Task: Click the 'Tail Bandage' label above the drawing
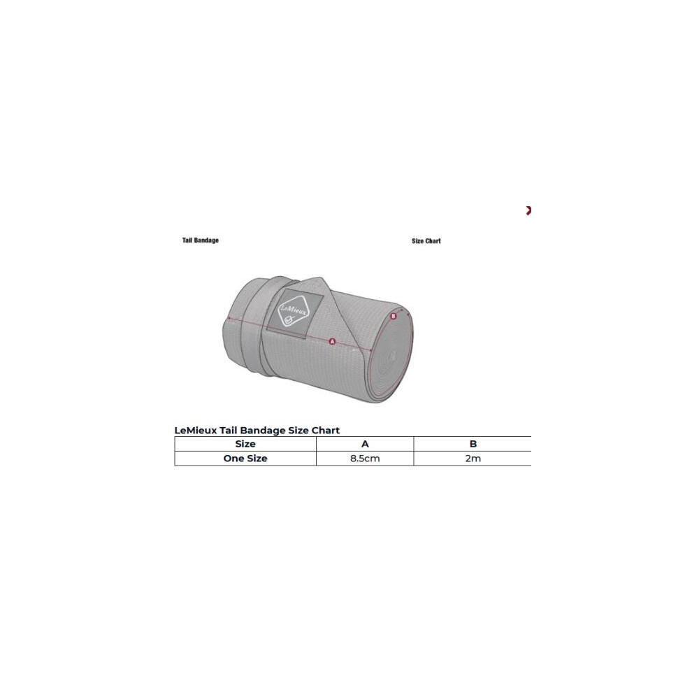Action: point(200,240)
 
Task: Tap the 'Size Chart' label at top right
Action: point(426,240)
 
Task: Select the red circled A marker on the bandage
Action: point(332,342)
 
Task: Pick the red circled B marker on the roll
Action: point(393,316)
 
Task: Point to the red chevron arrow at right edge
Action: point(528,210)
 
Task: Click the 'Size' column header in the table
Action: point(245,444)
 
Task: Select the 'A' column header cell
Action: point(365,444)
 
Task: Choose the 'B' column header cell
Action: point(473,444)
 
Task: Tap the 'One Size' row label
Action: point(245,459)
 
